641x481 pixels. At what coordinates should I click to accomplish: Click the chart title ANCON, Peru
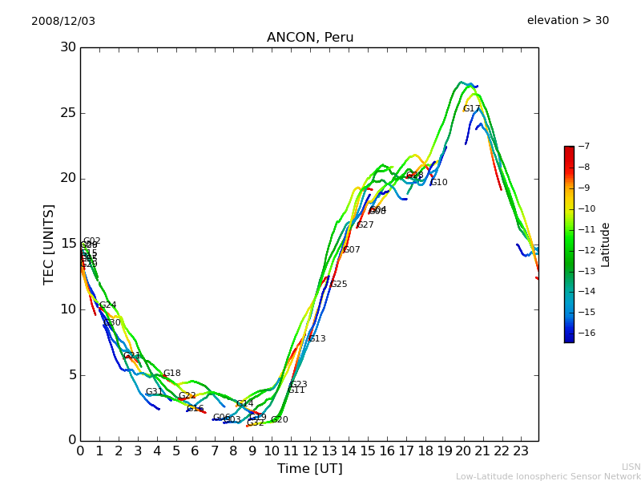[310, 38]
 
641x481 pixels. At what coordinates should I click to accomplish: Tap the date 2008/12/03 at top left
[63, 21]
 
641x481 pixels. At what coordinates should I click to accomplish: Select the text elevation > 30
[567, 21]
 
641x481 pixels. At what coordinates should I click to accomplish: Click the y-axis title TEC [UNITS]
[49, 244]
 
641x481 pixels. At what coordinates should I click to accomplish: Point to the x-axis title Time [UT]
[309, 469]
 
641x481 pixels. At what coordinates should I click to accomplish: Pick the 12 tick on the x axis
[310, 451]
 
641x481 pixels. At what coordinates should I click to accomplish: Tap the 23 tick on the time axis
[521, 451]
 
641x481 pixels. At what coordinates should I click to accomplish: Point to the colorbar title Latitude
[606, 245]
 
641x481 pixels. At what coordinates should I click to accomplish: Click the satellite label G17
[471, 109]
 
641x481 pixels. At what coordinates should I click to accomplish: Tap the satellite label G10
[439, 183]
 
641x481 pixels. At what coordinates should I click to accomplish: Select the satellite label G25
[339, 285]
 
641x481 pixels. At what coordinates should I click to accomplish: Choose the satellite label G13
[317, 339]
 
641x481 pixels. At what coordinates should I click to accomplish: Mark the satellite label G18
[172, 374]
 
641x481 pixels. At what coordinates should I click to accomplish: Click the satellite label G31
[154, 392]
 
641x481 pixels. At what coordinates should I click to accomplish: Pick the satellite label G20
[280, 420]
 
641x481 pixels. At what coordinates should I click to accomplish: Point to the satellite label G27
[365, 225]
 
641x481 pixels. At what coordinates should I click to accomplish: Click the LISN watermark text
[631, 467]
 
